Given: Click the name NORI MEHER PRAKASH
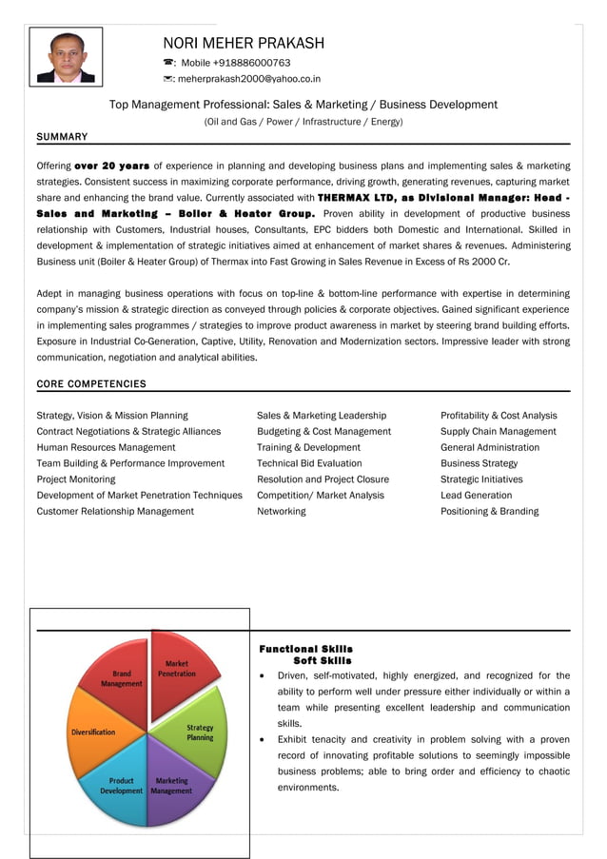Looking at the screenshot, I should coord(244,43).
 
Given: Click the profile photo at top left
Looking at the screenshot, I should coord(66,56).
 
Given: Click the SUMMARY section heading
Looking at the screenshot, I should coord(62,137).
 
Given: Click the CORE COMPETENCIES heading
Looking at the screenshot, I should coord(91,384).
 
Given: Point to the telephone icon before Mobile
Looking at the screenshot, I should coord(168,63).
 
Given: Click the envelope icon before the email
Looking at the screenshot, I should coord(168,79).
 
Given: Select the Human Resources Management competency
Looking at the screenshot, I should coord(106,447).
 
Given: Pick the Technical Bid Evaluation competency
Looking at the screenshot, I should coord(309,463).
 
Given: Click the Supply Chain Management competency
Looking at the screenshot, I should coord(498,431).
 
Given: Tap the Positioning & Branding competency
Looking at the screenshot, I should coord(489,511).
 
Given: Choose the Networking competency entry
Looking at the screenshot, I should coord(281,511).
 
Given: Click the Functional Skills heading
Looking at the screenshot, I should coord(305,649).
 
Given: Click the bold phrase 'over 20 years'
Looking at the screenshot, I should coord(111,165).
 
